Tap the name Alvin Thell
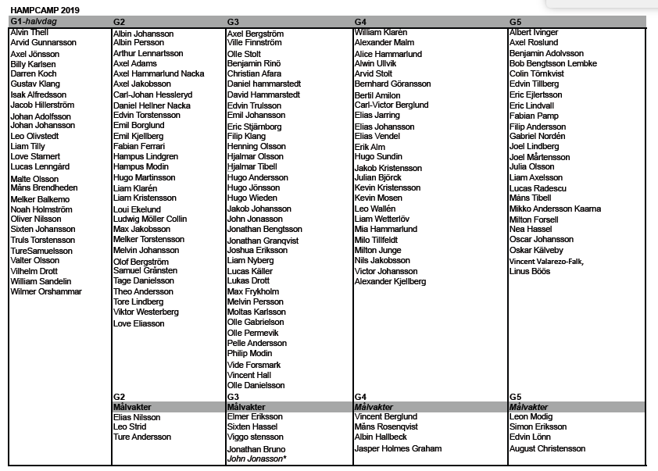(x=30, y=33)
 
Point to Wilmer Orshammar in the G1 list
(x=46, y=292)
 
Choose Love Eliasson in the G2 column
(x=139, y=323)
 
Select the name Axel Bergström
(x=256, y=34)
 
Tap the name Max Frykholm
(x=253, y=292)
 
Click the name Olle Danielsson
(x=256, y=385)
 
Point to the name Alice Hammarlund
(x=388, y=54)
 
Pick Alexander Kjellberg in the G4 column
(x=391, y=281)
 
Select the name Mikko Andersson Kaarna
(x=555, y=209)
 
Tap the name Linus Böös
(x=531, y=270)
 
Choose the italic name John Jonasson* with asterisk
(x=257, y=459)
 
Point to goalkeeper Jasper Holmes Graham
(x=398, y=448)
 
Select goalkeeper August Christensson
(x=547, y=448)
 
